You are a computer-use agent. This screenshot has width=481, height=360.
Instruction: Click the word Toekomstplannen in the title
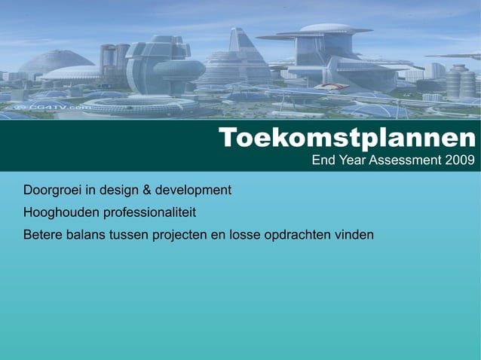(348, 139)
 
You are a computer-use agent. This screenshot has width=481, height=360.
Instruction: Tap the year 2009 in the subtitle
(459, 160)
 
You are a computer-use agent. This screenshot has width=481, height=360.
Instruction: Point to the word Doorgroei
(54, 189)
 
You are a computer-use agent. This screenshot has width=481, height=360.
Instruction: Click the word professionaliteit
(150, 212)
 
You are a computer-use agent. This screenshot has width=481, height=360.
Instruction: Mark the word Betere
(43, 235)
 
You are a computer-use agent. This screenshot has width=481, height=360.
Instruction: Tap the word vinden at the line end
(355, 235)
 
